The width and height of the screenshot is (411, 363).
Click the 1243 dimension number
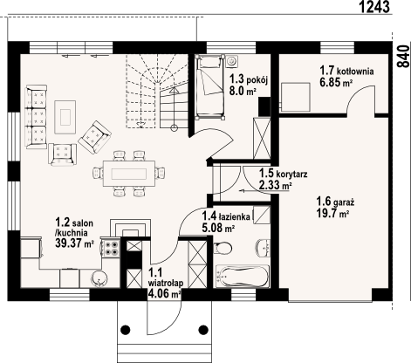pos(374,7)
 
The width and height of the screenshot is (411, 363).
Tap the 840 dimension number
pos(404,57)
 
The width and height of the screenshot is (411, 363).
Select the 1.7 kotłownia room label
pos(346,71)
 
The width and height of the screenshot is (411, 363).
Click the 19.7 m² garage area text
pos(332,213)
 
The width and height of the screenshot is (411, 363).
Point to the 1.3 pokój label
pos(249,79)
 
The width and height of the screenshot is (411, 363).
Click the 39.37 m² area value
pos(74,243)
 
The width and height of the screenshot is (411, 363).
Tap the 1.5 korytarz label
pos(284,174)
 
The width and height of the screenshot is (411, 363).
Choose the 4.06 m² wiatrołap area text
pos(165,294)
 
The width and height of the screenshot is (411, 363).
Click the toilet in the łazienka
pos(223,248)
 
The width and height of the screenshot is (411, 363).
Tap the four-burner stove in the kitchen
pos(112,247)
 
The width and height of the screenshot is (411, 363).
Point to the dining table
pos(129,174)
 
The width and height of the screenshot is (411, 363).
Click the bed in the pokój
pos(210,86)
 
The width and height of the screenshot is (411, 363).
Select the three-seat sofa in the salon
pos(36,117)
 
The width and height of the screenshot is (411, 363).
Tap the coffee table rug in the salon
pos(65,116)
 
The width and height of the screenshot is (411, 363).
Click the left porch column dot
pos(126,330)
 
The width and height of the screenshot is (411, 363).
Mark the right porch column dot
pos(203,330)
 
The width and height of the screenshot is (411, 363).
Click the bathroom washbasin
pos(264,248)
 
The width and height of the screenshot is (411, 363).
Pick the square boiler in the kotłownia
pos(296,97)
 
